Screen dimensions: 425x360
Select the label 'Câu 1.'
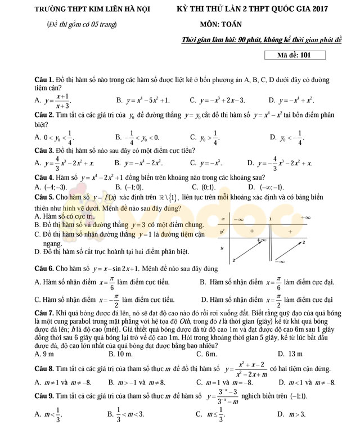(44, 81)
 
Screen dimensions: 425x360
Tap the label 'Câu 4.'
(44, 177)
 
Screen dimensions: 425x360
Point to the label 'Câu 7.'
(44, 312)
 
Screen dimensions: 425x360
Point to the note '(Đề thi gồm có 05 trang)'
(80, 25)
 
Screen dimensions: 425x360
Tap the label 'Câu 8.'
(44, 368)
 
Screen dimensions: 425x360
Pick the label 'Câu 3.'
(44, 150)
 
